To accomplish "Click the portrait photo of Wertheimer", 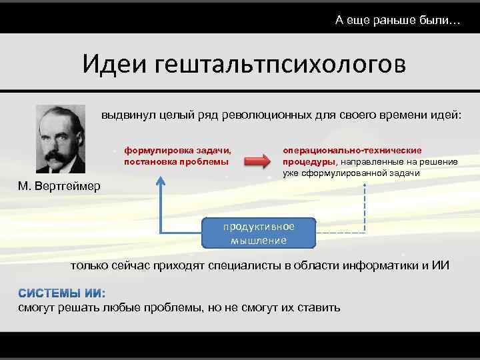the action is pyautogui.click(x=61, y=139).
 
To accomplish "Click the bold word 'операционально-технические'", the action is pyautogui.click(x=352, y=151).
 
